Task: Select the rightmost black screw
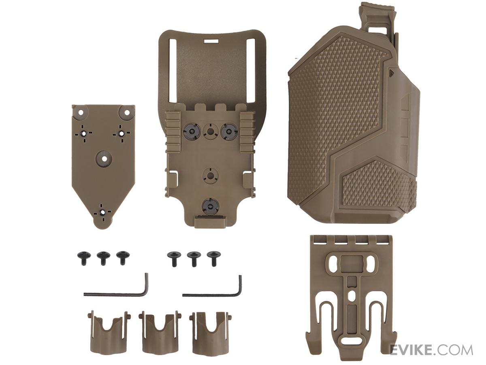(213, 258)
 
